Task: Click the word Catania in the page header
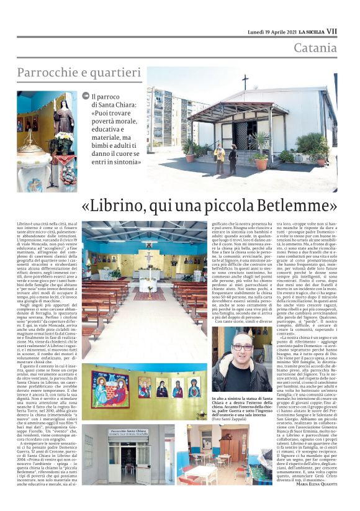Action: [315, 48]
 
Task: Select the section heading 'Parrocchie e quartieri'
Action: [76, 73]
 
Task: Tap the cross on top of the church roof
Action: [245, 81]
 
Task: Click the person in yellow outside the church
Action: [219, 158]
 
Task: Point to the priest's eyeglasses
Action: [243, 348]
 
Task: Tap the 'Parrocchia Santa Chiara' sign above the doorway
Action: [128, 432]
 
